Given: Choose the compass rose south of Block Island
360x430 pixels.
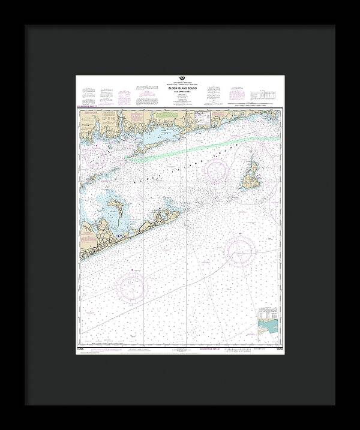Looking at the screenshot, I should [x=241, y=248].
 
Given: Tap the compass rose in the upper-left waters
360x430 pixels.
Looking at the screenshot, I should [x=98, y=157].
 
